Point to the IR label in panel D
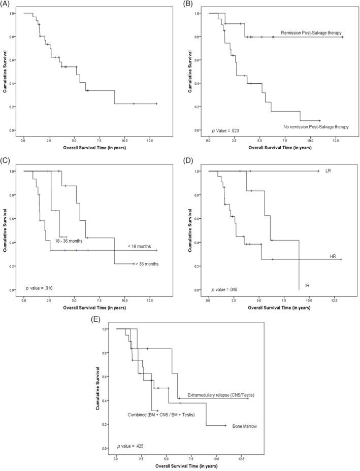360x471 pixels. (307, 286)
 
